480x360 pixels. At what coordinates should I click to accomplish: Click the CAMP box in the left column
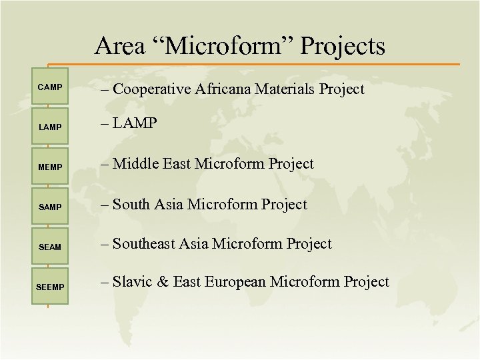[x=49, y=87]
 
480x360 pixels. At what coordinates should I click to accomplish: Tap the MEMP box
[x=49, y=167]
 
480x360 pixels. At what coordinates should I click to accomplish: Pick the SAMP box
[x=49, y=207]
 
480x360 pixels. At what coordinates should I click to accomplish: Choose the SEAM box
[x=49, y=247]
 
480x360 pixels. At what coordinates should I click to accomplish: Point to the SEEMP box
[x=49, y=287]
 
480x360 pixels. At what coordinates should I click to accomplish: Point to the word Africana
[x=225, y=89]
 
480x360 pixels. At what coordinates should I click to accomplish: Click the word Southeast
[x=145, y=244]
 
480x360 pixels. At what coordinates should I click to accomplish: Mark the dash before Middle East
[x=105, y=164]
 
